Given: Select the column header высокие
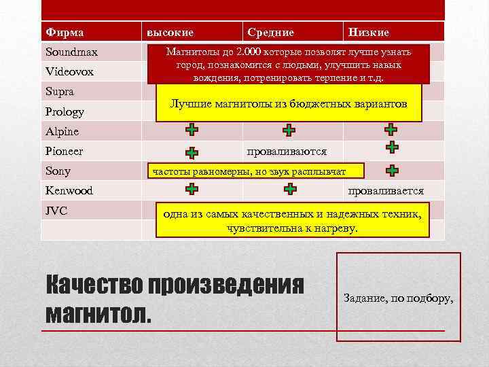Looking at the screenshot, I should [170, 32].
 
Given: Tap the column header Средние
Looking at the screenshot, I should [270, 32].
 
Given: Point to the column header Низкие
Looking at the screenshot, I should [369, 32].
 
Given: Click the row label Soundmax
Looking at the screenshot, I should [71, 52].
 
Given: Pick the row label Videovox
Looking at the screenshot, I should [69, 71].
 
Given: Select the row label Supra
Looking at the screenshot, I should [60, 91].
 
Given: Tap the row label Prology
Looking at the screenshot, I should [66, 111].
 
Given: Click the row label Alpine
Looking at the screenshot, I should [62, 131].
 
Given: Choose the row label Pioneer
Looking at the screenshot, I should [65, 151].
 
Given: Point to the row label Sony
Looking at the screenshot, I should [58, 171].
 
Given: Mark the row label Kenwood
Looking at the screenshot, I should [69, 191].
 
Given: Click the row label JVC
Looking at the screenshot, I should [56, 211].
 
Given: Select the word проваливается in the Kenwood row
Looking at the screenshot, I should [385, 191].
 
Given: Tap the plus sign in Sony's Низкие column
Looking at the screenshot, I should [392, 171].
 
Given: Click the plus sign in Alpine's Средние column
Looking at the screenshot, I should [289, 130].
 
